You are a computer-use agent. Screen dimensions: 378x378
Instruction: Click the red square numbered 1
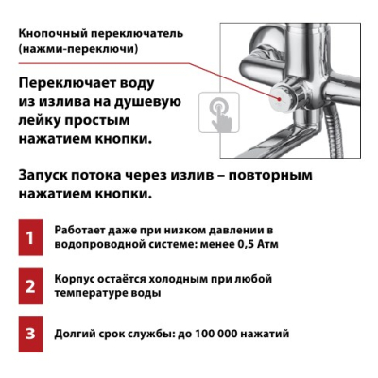[30, 237]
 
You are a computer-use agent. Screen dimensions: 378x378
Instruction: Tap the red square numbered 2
[30, 286]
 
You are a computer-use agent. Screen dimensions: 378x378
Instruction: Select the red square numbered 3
[30, 334]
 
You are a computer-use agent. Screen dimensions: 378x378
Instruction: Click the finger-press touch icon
[219, 112]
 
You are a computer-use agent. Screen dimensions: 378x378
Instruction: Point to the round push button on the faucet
[282, 96]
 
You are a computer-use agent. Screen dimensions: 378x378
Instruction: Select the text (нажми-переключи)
[78, 49]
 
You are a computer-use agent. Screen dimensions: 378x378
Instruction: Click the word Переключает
[66, 84]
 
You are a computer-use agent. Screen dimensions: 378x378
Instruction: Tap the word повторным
[270, 175]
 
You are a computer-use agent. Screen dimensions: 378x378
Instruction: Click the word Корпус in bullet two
[74, 280]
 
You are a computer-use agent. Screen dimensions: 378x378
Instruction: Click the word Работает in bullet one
[79, 231]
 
